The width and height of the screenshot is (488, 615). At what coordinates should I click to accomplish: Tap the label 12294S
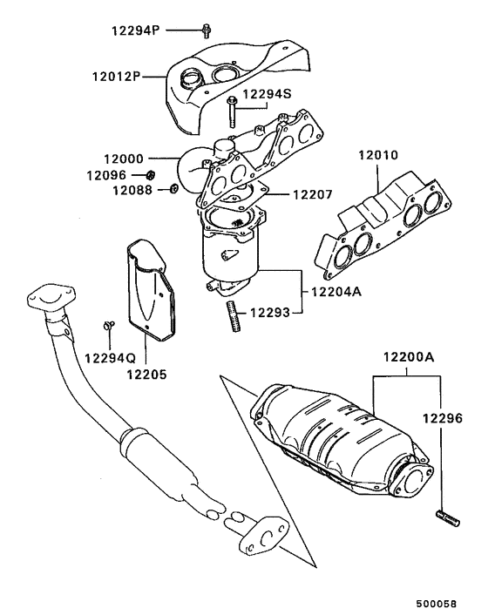click(x=268, y=93)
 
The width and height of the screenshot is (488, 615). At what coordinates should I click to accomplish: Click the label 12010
click(x=377, y=156)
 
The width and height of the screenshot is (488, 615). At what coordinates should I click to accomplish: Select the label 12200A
click(x=408, y=357)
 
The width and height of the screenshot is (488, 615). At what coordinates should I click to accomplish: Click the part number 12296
click(x=444, y=417)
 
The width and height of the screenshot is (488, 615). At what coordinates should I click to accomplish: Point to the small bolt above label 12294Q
click(x=109, y=326)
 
